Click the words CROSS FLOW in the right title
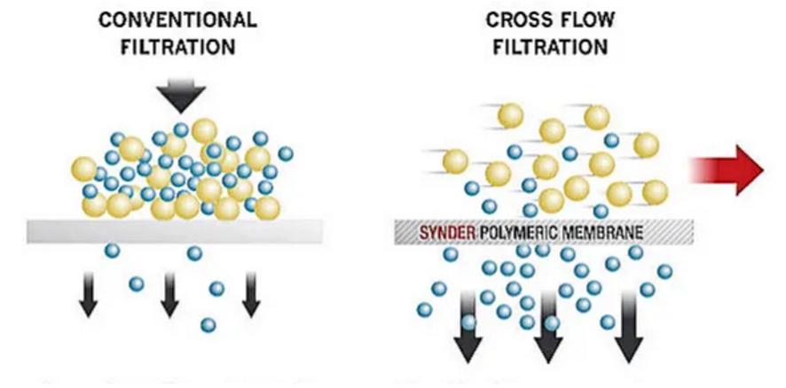click(x=550, y=19)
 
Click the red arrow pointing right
click(x=727, y=171)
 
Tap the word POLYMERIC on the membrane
click(x=511, y=233)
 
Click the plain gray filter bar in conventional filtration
click(x=175, y=230)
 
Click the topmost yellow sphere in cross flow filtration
click(x=511, y=114)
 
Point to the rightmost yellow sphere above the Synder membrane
click(x=655, y=190)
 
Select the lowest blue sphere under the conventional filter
click(x=208, y=324)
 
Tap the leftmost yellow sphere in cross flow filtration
click(x=455, y=161)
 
